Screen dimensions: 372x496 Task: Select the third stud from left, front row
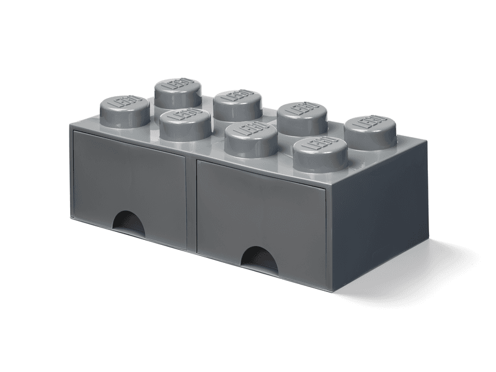pos(251,138)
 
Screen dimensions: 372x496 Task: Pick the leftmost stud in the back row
pos(178,92)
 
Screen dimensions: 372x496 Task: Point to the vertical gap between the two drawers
pos(192,205)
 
